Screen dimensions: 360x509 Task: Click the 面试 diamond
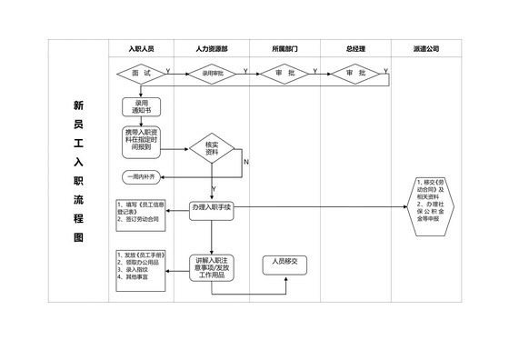(141, 72)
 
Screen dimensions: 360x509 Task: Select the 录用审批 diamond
(212, 72)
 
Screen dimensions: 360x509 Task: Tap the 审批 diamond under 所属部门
(284, 72)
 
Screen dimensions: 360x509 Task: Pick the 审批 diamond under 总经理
(355, 72)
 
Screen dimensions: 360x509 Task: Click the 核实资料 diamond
(212, 149)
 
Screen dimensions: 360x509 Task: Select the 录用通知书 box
(141, 107)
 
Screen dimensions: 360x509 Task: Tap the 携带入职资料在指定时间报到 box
(141, 138)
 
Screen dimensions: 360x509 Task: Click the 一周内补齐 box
(141, 175)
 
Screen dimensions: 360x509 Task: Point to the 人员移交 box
(286, 264)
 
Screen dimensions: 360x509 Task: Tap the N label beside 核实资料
(246, 162)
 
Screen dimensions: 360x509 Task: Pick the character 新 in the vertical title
(78, 105)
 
